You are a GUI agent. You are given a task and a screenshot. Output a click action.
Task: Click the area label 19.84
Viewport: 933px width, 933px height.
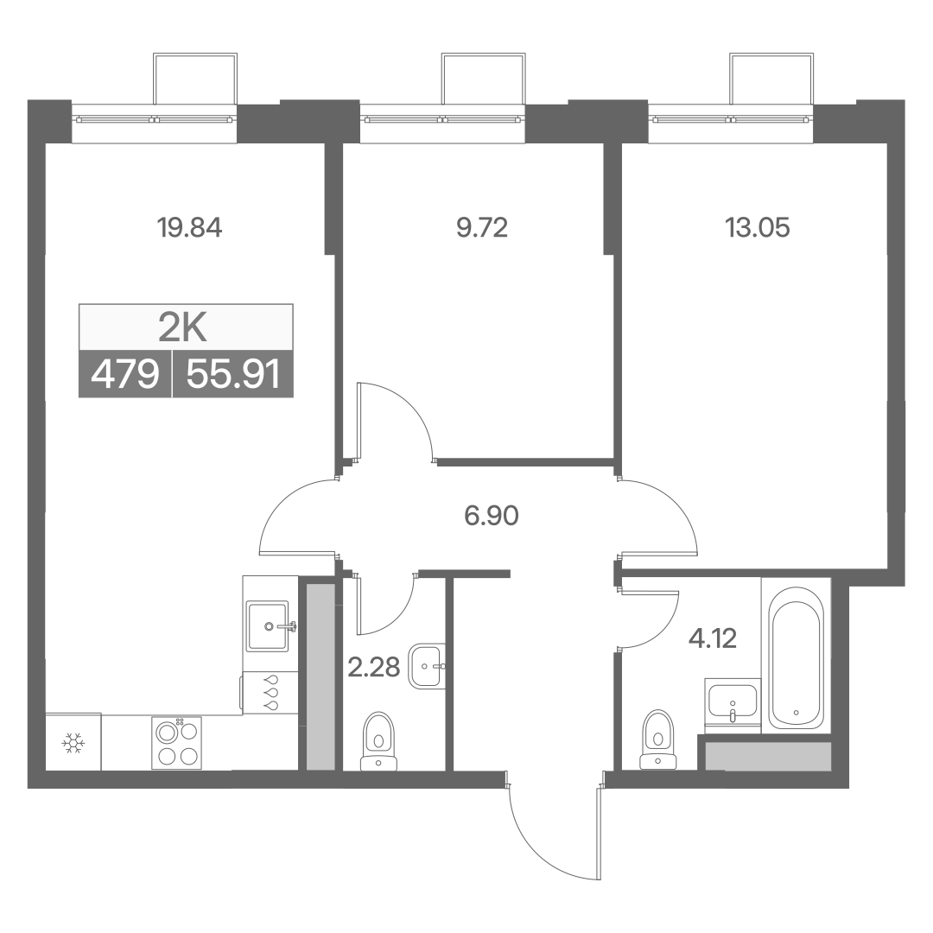[189, 227]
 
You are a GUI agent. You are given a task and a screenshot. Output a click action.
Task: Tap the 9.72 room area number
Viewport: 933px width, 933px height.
[482, 227]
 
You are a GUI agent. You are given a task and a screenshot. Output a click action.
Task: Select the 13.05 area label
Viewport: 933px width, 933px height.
[758, 227]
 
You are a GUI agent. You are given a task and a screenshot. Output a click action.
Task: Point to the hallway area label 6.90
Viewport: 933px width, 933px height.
[492, 515]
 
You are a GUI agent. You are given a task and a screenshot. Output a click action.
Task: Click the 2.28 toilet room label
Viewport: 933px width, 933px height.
[374, 667]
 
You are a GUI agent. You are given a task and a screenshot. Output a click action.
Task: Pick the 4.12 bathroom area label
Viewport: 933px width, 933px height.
[712, 638]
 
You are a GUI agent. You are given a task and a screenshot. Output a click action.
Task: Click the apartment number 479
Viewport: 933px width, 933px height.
[125, 375]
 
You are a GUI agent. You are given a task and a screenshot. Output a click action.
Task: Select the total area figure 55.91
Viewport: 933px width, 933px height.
[232, 375]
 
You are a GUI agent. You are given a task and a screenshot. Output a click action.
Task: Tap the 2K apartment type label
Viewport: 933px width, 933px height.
[182, 328]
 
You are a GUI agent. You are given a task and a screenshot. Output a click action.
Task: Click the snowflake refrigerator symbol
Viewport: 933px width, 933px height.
[73, 743]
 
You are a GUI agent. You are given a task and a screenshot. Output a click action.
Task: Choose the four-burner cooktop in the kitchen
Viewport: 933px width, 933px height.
[177, 742]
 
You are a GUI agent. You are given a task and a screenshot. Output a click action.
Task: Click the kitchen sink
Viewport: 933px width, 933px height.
[270, 625]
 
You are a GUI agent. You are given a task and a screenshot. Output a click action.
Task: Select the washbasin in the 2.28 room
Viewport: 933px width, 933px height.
[427, 666]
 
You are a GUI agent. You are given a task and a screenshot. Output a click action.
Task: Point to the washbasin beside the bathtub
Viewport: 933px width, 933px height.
[732, 703]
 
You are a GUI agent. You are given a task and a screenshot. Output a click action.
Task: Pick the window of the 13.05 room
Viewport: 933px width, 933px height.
[731, 119]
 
